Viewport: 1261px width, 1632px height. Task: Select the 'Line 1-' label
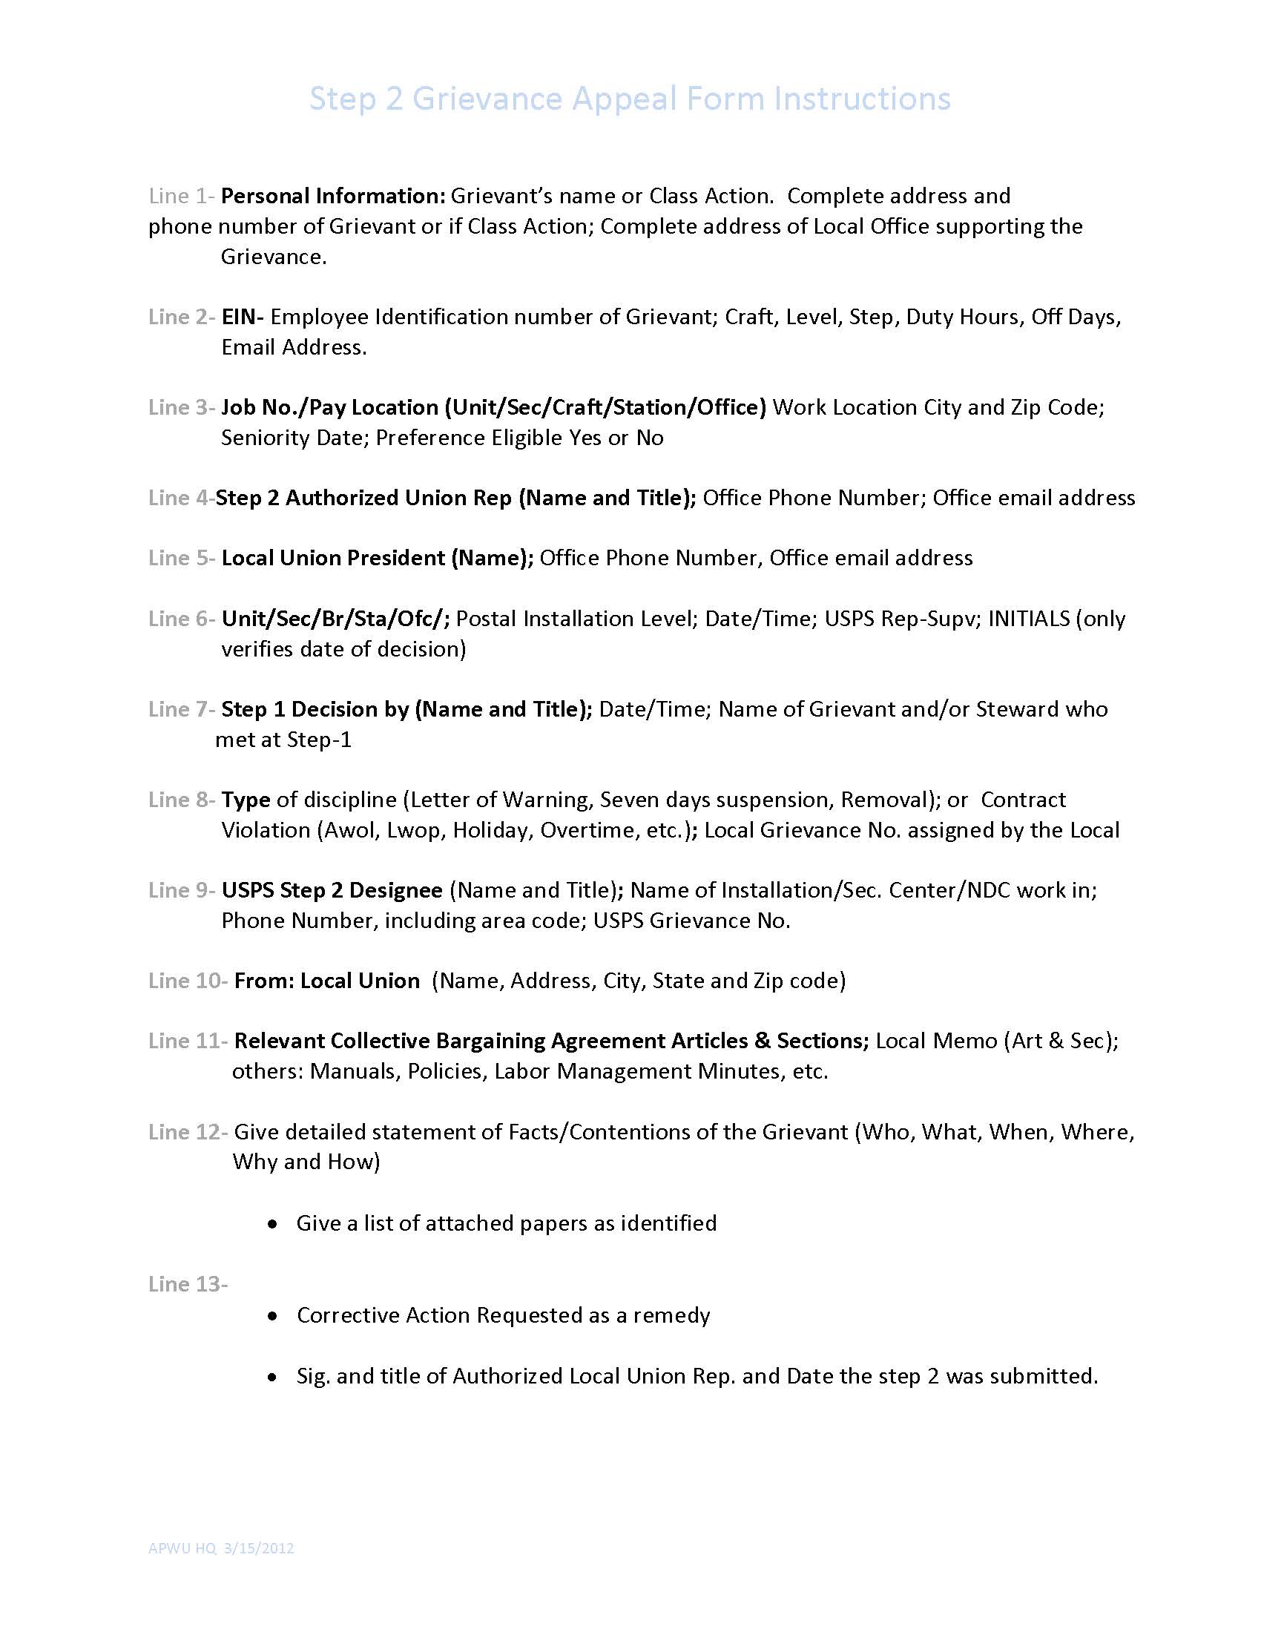click(x=182, y=196)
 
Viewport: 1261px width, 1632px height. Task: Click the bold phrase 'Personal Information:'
click(x=333, y=196)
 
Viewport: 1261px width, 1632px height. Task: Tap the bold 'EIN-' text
click(x=242, y=317)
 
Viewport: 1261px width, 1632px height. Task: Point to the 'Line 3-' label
click(x=182, y=407)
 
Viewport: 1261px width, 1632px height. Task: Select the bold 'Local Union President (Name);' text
click(x=378, y=558)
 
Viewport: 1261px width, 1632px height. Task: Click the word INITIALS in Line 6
click(x=1029, y=619)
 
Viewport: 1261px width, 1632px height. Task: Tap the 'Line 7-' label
click(x=182, y=709)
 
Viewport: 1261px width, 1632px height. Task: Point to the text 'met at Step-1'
click(x=283, y=740)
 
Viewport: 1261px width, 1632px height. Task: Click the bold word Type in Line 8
click(x=245, y=800)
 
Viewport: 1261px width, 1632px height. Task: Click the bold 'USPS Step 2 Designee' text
click(x=332, y=890)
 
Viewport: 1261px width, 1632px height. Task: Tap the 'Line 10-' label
click(x=188, y=981)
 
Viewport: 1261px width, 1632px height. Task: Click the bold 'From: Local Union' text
click(x=326, y=981)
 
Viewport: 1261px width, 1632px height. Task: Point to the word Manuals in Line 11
click(x=355, y=1072)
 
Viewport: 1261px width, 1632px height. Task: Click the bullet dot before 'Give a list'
click(x=274, y=1224)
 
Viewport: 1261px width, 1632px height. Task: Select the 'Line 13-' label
click(x=188, y=1284)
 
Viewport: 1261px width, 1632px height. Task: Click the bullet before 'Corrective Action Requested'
click(x=274, y=1316)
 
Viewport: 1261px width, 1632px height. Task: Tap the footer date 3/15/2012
click(x=258, y=1548)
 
